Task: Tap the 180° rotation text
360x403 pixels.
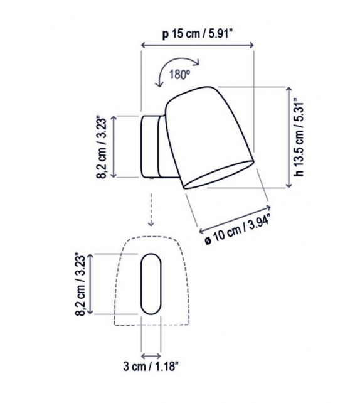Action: (x=179, y=74)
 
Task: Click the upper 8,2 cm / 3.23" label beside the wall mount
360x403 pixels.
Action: (x=102, y=147)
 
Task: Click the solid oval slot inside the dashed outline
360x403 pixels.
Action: (x=151, y=284)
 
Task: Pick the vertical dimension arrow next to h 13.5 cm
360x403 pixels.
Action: (x=289, y=137)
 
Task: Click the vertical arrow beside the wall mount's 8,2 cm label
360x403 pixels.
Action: (x=115, y=147)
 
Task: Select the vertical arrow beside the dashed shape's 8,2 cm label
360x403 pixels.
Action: (x=93, y=284)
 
